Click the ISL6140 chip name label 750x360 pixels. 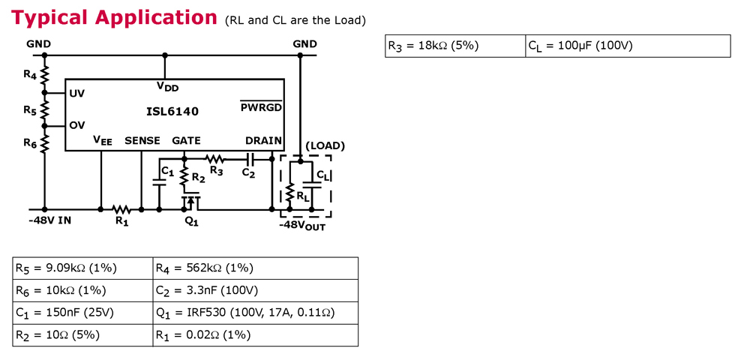pyautogui.click(x=172, y=112)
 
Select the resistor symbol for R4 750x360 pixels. pyautogui.click(x=44, y=75)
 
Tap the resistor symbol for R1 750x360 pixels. pyautogui.click(x=121, y=209)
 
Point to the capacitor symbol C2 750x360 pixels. pyautogui.click(x=250, y=159)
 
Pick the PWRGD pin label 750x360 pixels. pyautogui.click(x=261, y=107)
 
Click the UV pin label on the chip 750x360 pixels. pyautogui.click(x=76, y=94)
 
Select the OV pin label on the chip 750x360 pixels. pyautogui.click(x=76, y=125)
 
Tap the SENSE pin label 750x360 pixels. pyautogui.click(x=142, y=140)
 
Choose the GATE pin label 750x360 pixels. pyautogui.click(x=186, y=140)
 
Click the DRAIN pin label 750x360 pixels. pyautogui.click(x=263, y=140)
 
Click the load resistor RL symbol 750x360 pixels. pyautogui.click(x=291, y=193)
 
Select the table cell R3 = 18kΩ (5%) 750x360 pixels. pyautogui.click(x=455, y=46)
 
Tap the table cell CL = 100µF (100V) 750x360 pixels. pyautogui.click(x=627, y=46)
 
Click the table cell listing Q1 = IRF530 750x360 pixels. pyautogui.click(x=254, y=313)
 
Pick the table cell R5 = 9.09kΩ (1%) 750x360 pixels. pyautogui.click(x=82, y=268)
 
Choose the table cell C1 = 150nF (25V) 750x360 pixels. pyautogui.click(x=82, y=313)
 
